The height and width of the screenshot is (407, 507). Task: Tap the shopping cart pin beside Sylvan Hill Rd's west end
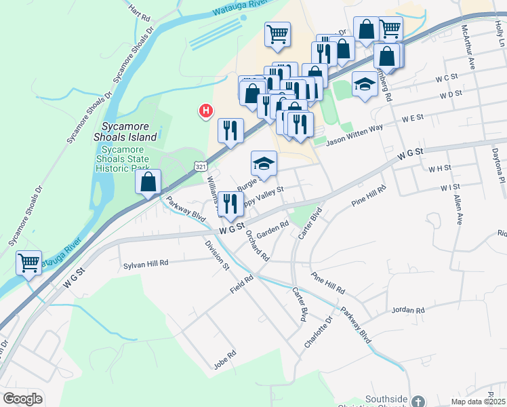point(28,261)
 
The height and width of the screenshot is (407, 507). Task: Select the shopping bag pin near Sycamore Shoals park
point(148,182)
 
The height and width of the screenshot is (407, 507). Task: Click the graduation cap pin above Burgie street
point(264,163)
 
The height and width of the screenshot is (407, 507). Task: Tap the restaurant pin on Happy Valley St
point(230,203)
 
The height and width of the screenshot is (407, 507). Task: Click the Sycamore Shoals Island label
point(129,132)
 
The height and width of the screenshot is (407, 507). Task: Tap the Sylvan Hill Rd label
point(146,265)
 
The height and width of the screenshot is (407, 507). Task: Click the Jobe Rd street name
point(224,355)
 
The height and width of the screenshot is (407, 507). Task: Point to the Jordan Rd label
point(407,311)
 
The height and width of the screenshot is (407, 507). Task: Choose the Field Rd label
point(241,284)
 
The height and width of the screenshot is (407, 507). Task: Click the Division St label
point(216,254)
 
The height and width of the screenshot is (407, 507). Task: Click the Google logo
point(22,399)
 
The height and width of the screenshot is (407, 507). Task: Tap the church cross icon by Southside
point(418,401)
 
